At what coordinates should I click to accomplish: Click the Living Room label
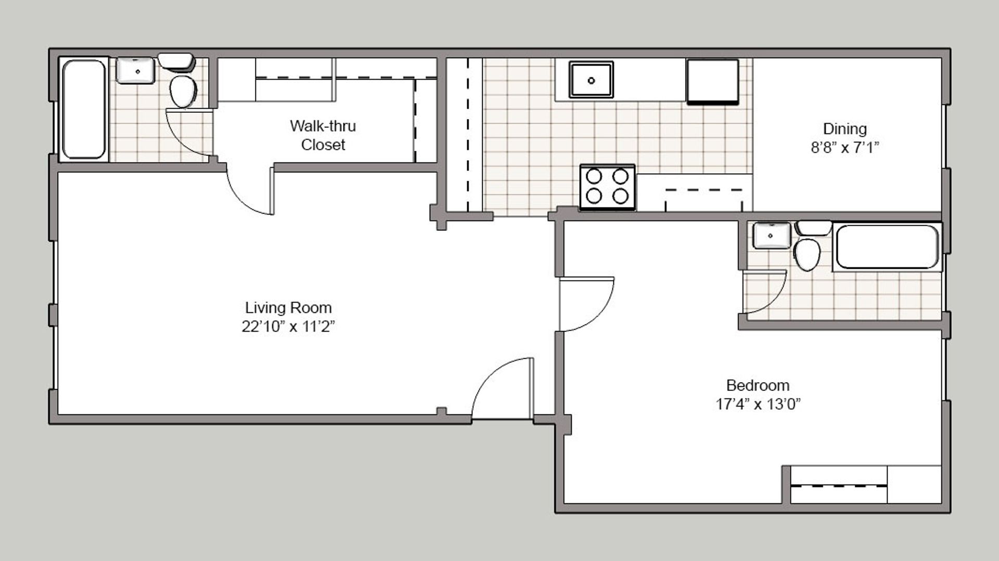(x=288, y=308)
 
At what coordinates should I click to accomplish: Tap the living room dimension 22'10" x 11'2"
(x=288, y=327)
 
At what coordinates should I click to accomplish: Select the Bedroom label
(x=758, y=385)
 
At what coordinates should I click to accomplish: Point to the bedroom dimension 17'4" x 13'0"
(x=758, y=404)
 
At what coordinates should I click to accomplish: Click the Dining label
(x=844, y=128)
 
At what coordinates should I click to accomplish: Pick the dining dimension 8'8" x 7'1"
(x=844, y=148)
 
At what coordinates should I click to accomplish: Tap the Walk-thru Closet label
(x=323, y=135)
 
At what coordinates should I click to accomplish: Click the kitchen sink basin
(x=591, y=80)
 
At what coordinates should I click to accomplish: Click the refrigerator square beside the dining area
(x=712, y=82)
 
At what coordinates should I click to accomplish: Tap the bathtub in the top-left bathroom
(x=84, y=109)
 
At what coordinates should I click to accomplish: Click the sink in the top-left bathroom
(x=135, y=70)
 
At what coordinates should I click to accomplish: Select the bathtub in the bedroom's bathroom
(x=887, y=246)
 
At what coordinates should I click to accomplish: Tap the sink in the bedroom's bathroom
(x=772, y=236)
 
